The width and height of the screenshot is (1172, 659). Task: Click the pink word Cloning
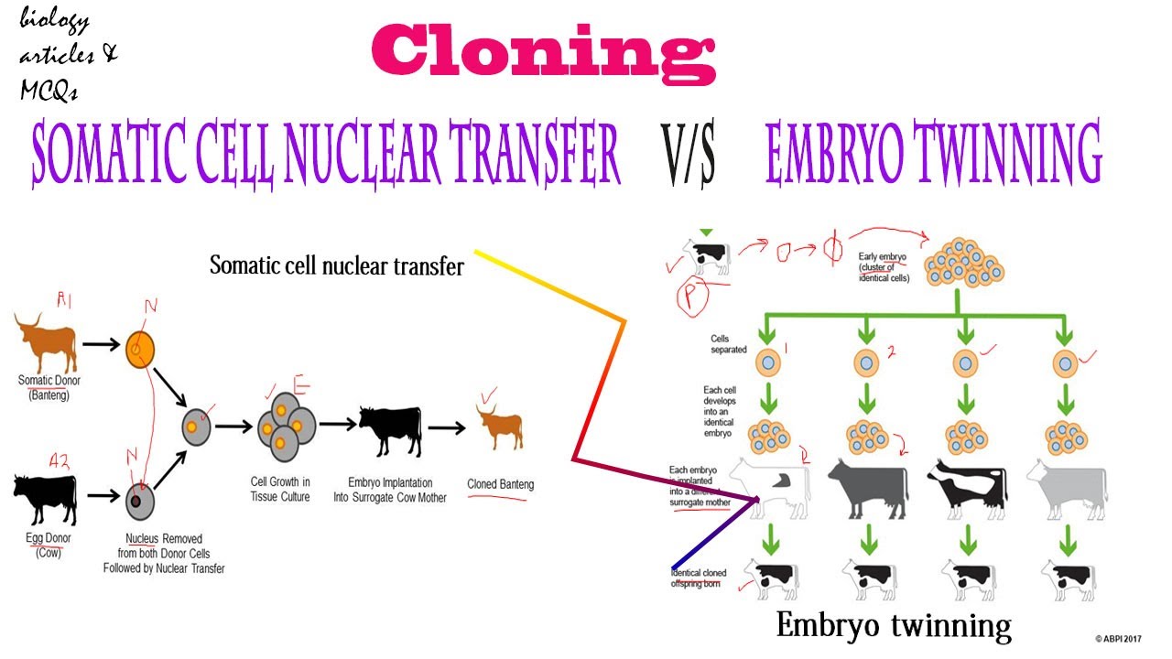543,54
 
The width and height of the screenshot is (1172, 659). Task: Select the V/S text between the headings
688,155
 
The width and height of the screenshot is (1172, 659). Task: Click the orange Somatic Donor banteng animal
46,339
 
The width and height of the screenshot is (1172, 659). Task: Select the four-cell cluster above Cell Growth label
284,426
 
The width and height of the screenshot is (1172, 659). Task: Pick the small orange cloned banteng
500,427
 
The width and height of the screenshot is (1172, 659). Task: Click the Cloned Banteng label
500,484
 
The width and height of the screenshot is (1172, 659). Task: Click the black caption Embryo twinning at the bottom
894,626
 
